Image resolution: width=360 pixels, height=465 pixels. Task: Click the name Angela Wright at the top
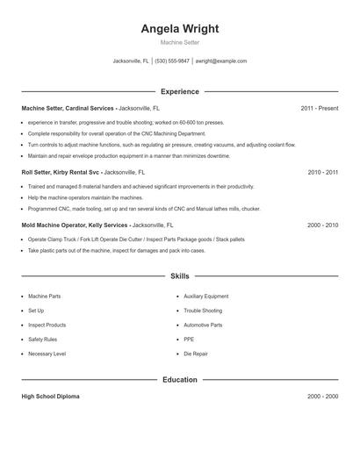coord(179,28)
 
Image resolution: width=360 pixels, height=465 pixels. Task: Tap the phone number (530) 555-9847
coord(173,61)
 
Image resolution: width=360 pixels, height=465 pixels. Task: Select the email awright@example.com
coord(220,61)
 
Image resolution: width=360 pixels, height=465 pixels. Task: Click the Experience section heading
coord(179,91)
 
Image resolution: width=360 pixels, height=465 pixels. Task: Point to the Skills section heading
coord(179,276)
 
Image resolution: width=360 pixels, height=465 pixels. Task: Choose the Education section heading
coord(179,380)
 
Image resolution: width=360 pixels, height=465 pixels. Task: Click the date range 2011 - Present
coord(319,108)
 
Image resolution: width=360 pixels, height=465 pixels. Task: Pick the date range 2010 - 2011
coord(322,173)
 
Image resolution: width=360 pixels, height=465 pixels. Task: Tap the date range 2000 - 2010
coord(322,225)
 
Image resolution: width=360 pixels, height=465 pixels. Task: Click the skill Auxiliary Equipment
coord(205,297)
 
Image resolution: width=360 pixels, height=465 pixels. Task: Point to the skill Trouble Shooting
coord(203,311)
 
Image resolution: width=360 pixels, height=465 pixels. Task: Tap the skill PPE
coord(189,339)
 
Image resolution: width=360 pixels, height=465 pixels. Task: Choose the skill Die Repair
coord(195,354)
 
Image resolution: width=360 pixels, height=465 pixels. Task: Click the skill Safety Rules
coord(42,339)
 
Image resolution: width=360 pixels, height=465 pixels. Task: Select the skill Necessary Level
coord(47,354)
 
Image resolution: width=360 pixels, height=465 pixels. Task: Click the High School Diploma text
coord(50,397)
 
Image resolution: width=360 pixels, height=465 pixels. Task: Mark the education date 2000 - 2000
coord(322,397)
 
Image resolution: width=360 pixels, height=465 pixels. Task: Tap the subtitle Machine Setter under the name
coord(179,42)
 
